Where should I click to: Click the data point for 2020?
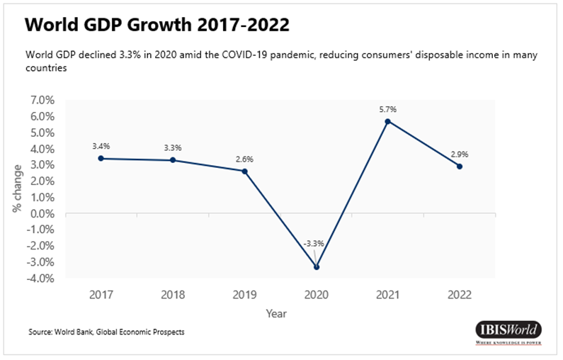pos(317,267)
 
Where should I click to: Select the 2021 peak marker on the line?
pos(387,121)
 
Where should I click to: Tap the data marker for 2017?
pos(101,158)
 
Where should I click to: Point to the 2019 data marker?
pos(244,171)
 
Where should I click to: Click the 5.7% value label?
pos(387,109)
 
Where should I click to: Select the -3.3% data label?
pos(314,244)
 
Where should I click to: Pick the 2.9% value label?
pos(459,154)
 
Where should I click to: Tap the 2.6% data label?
pos(244,159)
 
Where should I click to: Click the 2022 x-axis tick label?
pos(459,294)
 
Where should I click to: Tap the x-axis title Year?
pos(276,313)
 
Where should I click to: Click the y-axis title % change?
pos(17,189)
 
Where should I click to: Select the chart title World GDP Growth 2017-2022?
pos(157,26)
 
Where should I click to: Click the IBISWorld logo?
pos(508,332)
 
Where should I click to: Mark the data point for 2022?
pos(460,167)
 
